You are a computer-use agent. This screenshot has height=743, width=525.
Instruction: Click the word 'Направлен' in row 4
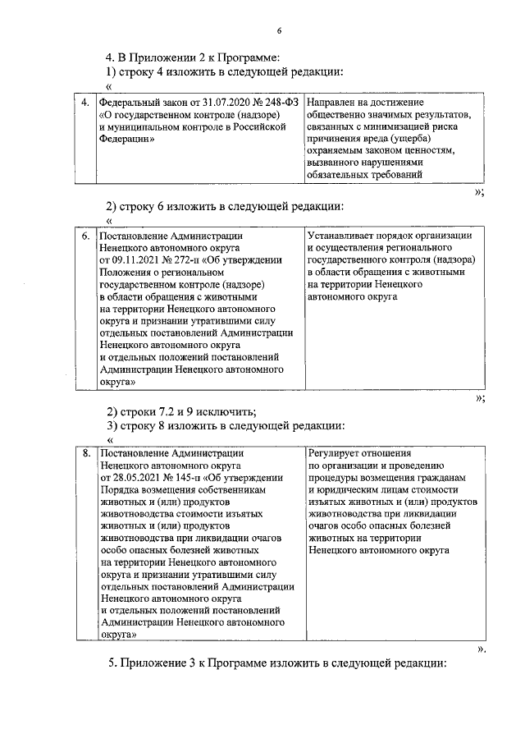click(x=331, y=103)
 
